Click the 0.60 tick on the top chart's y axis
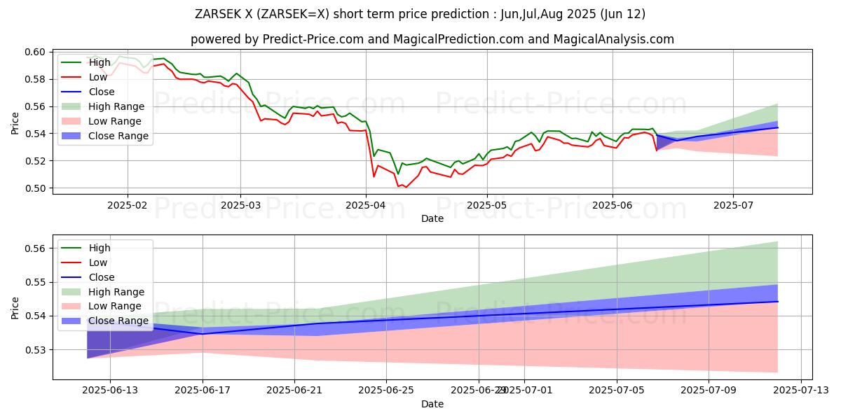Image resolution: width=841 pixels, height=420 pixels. click(x=36, y=52)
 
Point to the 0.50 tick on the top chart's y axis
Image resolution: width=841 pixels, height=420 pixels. click(x=36, y=188)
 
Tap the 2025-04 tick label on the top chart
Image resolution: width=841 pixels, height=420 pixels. click(x=365, y=206)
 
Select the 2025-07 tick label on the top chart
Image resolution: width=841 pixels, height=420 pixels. click(x=733, y=206)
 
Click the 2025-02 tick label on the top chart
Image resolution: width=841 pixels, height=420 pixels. click(x=127, y=206)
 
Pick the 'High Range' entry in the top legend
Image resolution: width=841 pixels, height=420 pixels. click(x=116, y=106)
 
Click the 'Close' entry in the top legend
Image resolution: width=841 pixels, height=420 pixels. click(x=102, y=92)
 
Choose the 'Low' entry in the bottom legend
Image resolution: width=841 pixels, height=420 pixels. click(x=98, y=262)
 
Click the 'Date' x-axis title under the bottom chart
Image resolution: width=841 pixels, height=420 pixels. click(x=432, y=405)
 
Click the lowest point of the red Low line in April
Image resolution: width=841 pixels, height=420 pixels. click(x=406, y=188)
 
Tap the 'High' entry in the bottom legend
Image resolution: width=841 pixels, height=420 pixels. click(x=100, y=248)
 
